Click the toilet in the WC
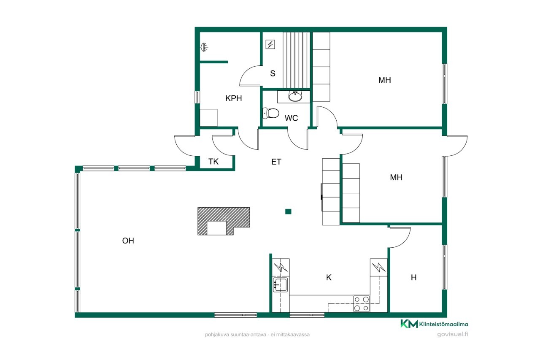[x=271, y=113]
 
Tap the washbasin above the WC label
[x=295, y=96]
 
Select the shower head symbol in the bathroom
[x=205, y=47]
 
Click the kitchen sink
[x=280, y=284]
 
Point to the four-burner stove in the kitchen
[x=362, y=303]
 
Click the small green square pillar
[x=288, y=211]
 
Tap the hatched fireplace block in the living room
[x=224, y=221]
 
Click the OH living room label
[x=128, y=241]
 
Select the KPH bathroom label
[x=234, y=98]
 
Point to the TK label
[x=213, y=161]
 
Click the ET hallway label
[x=276, y=162]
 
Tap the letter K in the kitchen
[x=329, y=277]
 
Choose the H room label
[x=414, y=278]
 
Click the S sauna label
[x=273, y=73]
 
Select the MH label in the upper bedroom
[x=384, y=80]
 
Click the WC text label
[x=291, y=118]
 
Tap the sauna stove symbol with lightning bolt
[x=270, y=44]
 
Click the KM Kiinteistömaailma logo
[x=434, y=324]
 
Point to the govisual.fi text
[x=453, y=334]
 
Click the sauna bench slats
[x=297, y=60]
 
